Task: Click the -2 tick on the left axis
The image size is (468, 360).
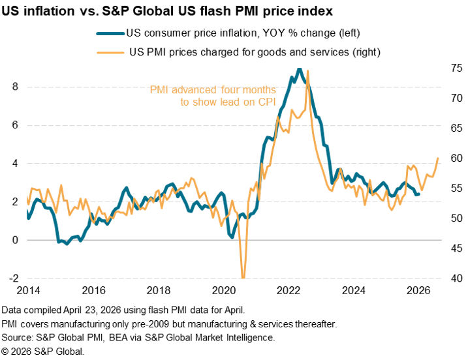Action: coord(12,278)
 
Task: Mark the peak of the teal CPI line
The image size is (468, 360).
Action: coord(299,68)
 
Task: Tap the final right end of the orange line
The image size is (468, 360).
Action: coord(437,158)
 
